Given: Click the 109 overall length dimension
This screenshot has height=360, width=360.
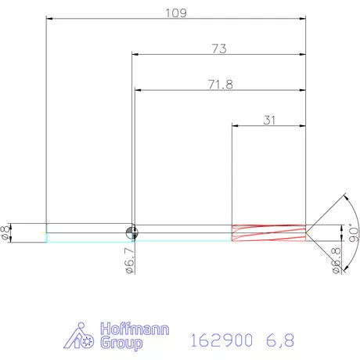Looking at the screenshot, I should (175, 13).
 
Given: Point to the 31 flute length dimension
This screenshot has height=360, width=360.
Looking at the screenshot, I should (270, 120).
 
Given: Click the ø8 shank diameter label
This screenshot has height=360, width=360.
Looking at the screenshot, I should (7, 232).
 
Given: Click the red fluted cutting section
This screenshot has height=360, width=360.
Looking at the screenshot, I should (268, 232).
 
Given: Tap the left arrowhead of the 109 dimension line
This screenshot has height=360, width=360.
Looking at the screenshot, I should (49, 19).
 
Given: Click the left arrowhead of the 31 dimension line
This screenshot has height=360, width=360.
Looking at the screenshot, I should (236, 125).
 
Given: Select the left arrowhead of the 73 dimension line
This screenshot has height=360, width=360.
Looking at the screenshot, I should (134, 55).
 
